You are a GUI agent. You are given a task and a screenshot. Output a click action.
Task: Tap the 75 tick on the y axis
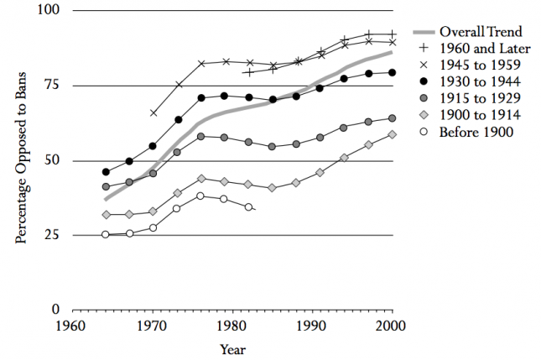pos(53,86)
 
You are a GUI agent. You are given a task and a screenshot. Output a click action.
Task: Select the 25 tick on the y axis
pos(53,235)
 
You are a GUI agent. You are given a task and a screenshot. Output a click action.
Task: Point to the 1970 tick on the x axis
pos(153,325)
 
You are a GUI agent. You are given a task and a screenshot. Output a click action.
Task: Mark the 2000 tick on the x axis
pos(392,325)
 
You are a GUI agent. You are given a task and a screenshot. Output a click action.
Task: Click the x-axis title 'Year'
pos(232,348)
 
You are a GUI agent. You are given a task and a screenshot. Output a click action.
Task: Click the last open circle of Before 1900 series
pos(248,206)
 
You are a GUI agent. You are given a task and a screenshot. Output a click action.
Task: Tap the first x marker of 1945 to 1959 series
pos(153,112)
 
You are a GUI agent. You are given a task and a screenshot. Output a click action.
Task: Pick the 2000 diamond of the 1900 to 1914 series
pos(392,134)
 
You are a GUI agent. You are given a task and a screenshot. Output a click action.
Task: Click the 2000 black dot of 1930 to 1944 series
pos(392,72)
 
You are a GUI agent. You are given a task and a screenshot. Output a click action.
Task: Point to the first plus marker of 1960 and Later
pos(248,72)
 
